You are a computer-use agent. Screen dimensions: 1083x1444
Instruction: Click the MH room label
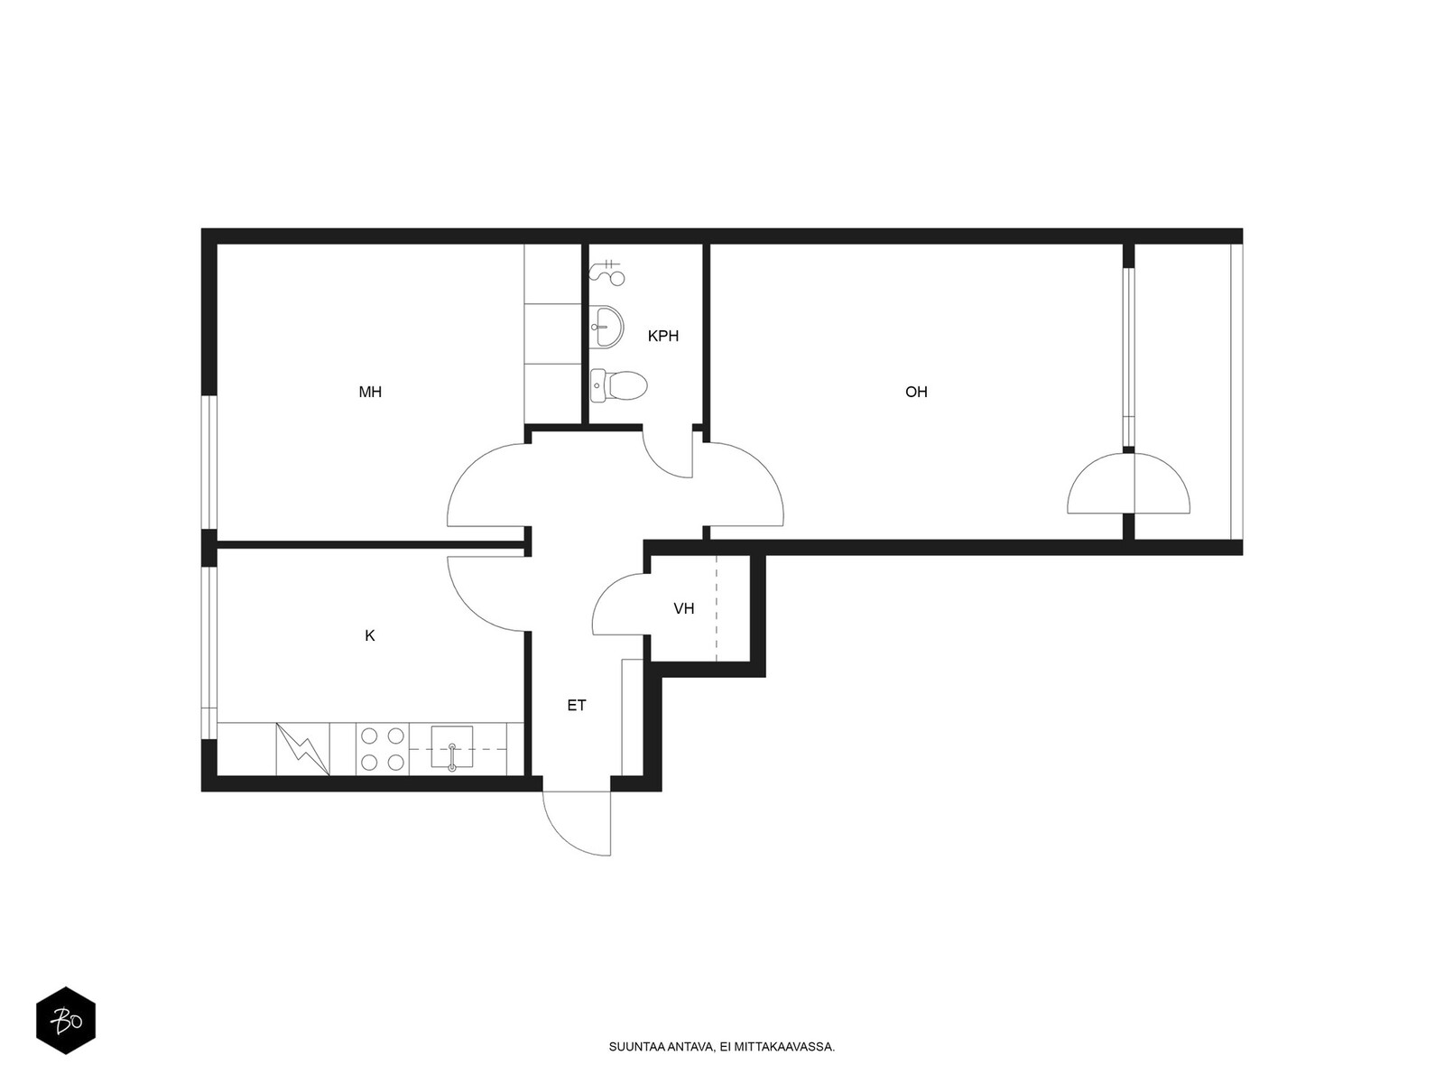[370, 392]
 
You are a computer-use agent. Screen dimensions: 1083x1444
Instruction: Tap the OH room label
[916, 392]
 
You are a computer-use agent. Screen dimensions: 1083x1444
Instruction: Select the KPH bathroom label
[662, 336]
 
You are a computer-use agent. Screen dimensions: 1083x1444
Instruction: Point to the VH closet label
[684, 608]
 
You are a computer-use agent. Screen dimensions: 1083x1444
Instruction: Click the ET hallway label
[577, 706]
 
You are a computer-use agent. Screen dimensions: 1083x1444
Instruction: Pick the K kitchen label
[370, 636]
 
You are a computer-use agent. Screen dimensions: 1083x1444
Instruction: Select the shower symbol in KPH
[608, 271]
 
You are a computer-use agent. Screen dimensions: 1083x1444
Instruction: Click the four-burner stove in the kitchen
[383, 749]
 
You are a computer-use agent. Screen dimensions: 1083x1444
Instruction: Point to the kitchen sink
[452, 749]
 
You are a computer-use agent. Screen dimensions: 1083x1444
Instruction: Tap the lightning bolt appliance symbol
[303, 749]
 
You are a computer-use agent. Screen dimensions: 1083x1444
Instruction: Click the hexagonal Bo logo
[66, 1021]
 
